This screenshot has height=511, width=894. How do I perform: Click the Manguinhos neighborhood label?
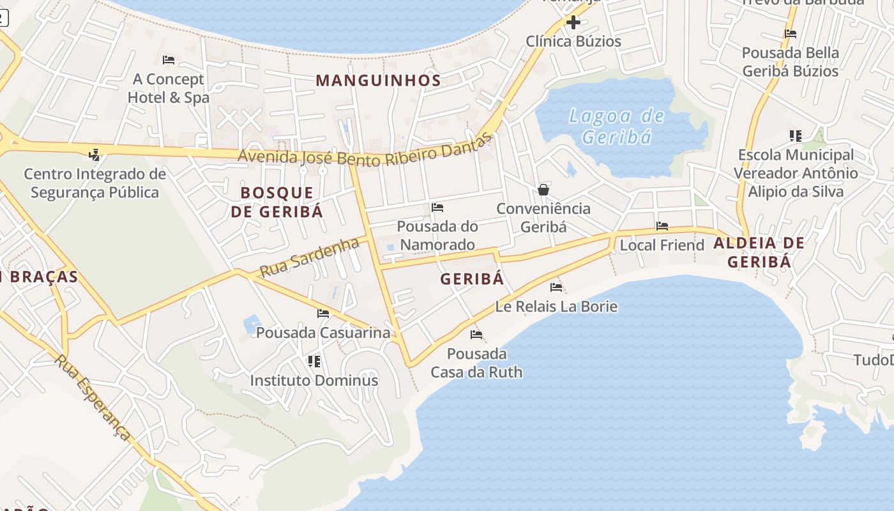tap(378, 80)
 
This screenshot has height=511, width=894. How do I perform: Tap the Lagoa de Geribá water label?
tap(617, 126)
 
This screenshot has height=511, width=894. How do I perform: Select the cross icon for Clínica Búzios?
tap(573, 22)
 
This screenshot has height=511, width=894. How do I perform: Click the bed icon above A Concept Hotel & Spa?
tap(169, 60)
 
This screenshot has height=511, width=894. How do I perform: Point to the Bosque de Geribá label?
tap(277, 202)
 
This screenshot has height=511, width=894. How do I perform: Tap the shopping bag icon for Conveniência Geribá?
tap(543, 190)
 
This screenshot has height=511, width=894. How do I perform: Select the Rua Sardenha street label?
tap(309, 257)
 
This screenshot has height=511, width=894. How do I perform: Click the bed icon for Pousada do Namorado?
tap(437, 208)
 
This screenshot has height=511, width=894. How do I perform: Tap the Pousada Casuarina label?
tap(322, 333)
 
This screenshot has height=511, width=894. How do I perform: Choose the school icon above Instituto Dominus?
tap(314, 362)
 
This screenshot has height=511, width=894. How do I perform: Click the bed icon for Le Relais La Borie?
tap(556, 287)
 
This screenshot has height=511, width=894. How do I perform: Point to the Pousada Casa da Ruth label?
tap(476, 363)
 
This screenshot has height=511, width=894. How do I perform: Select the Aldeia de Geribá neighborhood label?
tap(759, 252)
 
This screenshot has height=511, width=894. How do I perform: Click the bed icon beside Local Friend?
tap(662, 226)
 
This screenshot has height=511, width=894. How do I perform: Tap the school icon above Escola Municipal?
tap(795, 135)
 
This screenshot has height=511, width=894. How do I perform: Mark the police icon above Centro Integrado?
tap(95, 155)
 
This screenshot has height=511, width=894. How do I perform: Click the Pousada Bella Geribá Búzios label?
tap(790, 62)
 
